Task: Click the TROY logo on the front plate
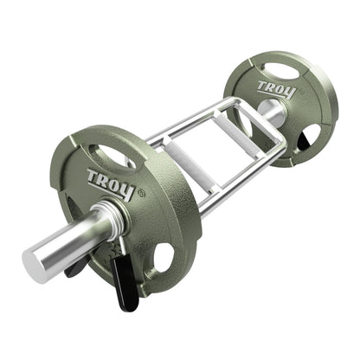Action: tap(108, 181)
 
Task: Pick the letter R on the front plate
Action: tap(103, 179)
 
